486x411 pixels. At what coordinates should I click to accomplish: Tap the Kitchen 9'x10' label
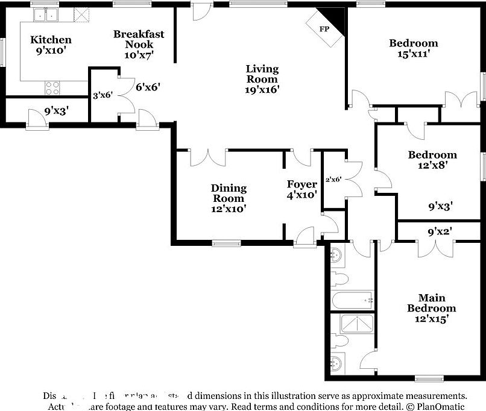[51, 45]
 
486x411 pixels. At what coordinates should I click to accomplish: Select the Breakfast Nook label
[139, 44]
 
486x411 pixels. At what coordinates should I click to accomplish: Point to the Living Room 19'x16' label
[262, 79]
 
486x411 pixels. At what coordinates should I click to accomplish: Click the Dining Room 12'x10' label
[229, 198]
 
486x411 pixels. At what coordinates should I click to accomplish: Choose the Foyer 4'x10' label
[302, 189]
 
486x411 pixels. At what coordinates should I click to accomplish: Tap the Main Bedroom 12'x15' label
[432, 308]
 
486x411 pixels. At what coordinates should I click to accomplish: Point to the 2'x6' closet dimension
[333, 179]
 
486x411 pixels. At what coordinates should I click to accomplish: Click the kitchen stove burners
[52, 88]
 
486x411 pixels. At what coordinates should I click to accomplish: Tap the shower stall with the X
[358, 324]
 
